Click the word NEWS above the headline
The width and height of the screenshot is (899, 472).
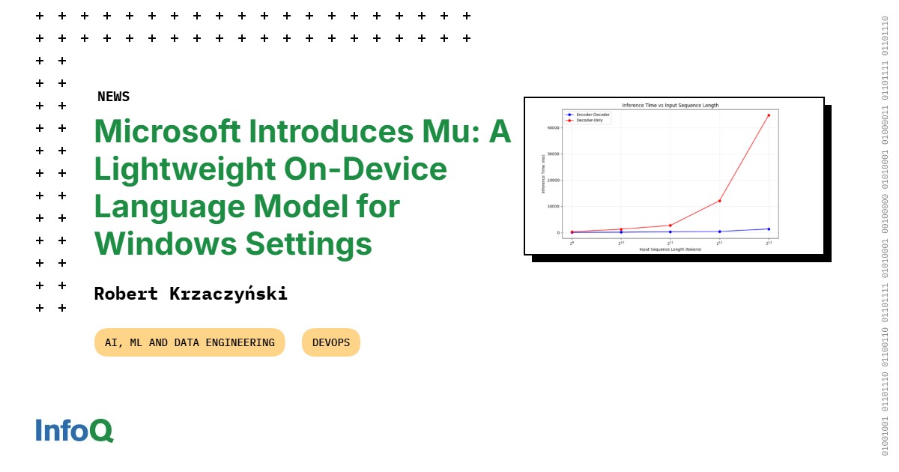click(x=113, y=97)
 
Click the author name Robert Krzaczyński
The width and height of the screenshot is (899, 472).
click(x=190, y=294)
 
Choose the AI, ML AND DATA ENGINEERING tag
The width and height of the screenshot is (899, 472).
click(x=190, y=342)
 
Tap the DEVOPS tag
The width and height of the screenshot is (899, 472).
click(x=331, y=342)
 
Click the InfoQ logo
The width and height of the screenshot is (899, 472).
click(x=74, y=430)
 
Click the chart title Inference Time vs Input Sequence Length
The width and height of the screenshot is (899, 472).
click(x=671, y=106)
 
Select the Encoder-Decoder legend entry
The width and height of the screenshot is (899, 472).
click(x=593, y=115)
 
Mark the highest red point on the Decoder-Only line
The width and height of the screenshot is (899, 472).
click(x=769, y=115)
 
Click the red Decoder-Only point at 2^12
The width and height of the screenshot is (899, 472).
click(x=719, y=201)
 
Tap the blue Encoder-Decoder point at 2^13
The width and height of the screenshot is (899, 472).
click(x=769, y=229)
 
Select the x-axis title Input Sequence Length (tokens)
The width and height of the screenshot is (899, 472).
click(x=671, y=249)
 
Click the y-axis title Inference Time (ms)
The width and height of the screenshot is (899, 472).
click(x=542, y=174)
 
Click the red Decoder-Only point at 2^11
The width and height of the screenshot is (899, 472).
click(x=670, y=226)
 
